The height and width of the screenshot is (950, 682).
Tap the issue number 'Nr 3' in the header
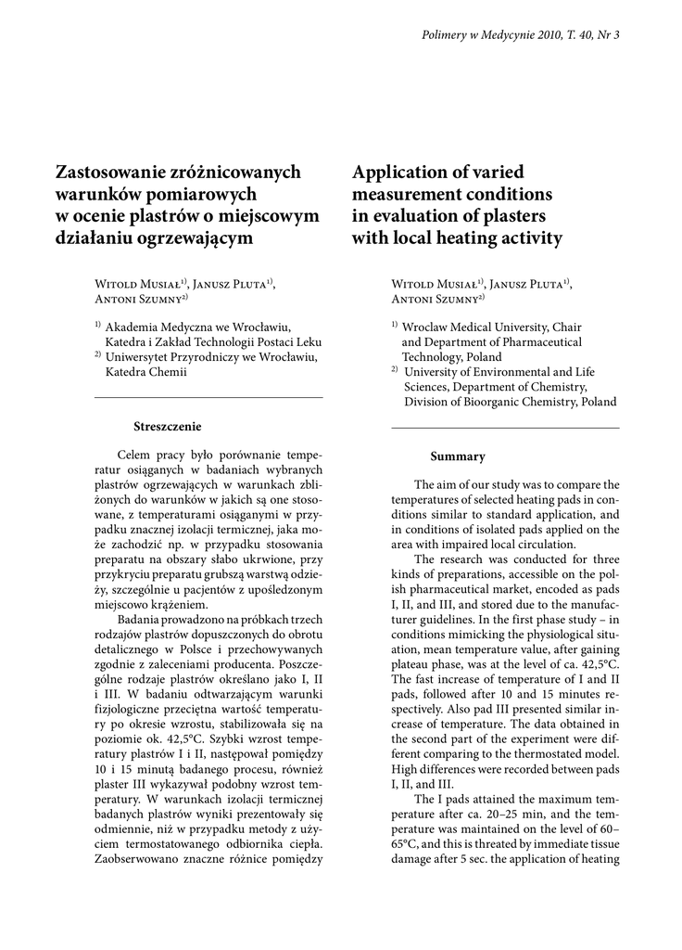pyautogui.click(x=610, y=35)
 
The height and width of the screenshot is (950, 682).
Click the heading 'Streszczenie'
pyautogui.click(x=168, y=426)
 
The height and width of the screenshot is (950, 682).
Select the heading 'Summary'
pyautogui.click(x=458, y=456)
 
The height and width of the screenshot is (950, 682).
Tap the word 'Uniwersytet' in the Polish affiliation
pyautogui.click(x=140, y=356)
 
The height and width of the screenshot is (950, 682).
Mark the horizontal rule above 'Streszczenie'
pyautogui.click(x=209, y=397)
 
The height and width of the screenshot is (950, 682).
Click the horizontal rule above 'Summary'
pyautogui.click(x=506, y=428)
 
